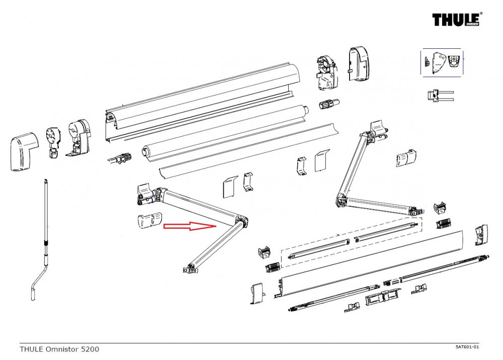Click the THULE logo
(x=457, y=20)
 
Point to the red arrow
(x=190, y=227)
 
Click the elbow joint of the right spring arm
(x=342, y=201)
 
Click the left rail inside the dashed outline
(x=318, y=249)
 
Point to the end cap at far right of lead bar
(x=481, y=234)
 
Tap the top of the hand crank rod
(x=45, y=180)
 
